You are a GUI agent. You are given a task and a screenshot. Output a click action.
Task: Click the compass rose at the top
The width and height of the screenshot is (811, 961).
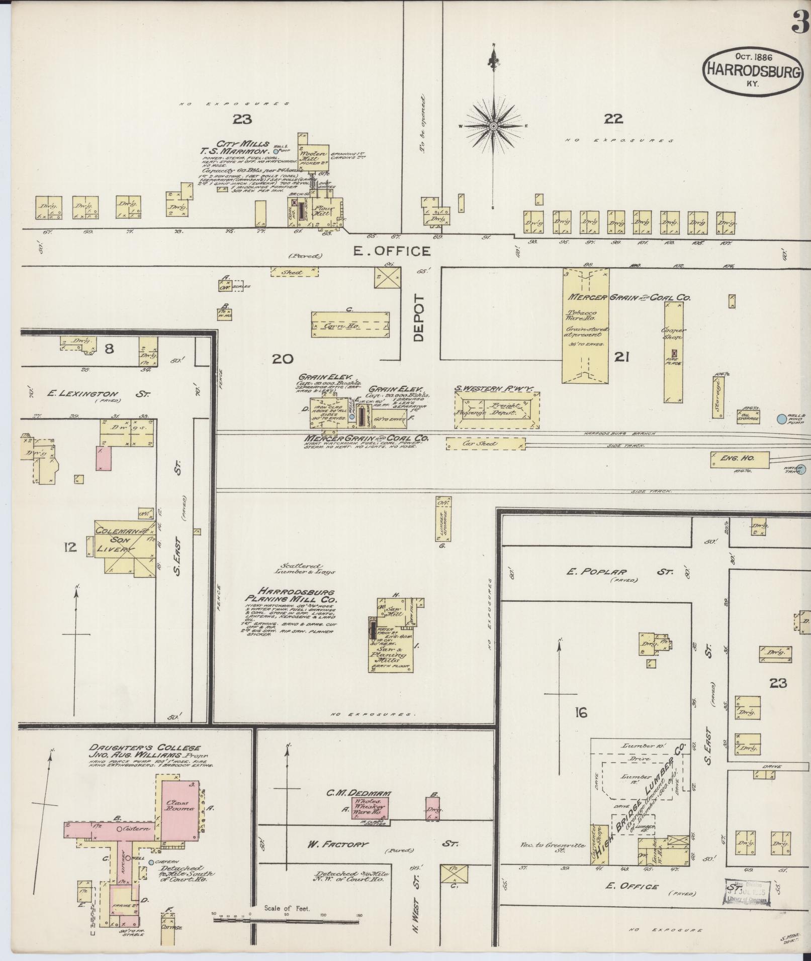493,126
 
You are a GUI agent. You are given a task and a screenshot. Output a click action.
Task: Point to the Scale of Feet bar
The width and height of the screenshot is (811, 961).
287,920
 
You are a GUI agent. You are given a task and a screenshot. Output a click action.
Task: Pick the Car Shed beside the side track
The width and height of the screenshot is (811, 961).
486,444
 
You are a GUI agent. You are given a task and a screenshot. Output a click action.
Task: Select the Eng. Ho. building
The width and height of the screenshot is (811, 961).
740,459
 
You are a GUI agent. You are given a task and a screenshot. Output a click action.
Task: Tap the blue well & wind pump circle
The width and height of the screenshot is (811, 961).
782,418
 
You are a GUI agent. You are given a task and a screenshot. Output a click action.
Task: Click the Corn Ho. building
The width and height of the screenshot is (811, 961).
350,325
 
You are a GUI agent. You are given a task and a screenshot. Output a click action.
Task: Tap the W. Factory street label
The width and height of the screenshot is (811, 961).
338,844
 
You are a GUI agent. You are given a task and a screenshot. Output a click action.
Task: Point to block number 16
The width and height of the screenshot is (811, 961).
581,713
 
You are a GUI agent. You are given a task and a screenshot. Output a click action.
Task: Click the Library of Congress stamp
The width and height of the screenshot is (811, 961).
747,892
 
